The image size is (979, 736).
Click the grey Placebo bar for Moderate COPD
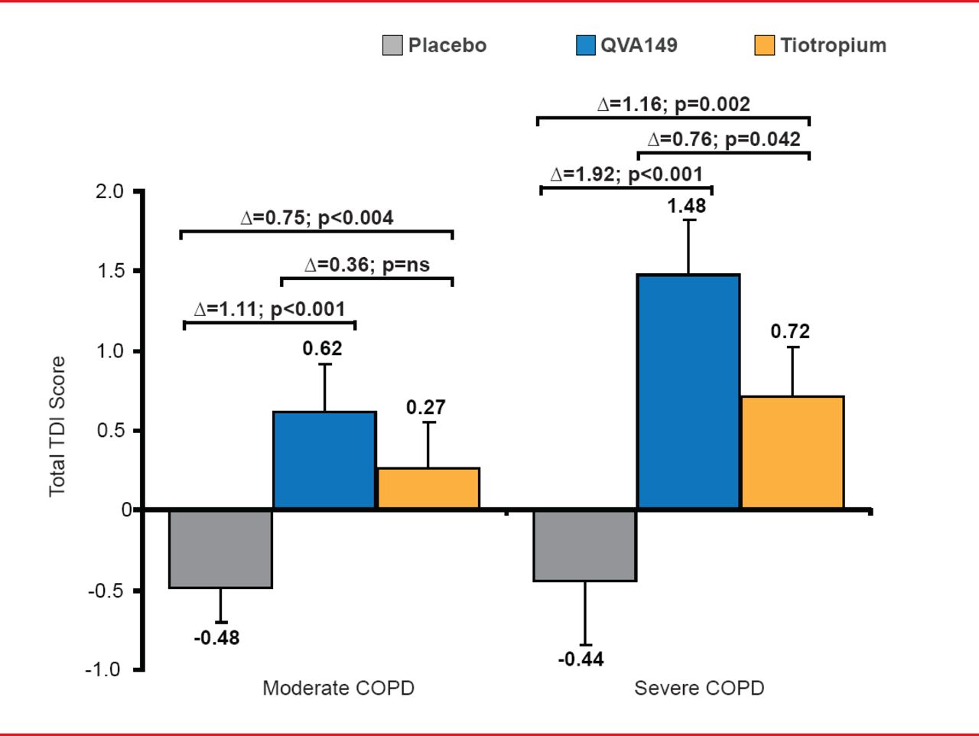[220, 549]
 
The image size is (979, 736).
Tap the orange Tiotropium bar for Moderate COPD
[428, 488]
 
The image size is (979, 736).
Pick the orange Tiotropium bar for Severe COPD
[792, 452]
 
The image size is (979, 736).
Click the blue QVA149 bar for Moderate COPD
[324, 460]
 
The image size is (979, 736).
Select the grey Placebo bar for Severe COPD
[585, 545]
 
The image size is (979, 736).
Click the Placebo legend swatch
[392, 45]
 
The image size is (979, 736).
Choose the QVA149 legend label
[639, 45]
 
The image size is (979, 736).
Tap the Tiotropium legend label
[833, 45]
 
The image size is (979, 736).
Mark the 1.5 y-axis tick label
[109, 271]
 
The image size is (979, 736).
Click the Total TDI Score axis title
[57, 426]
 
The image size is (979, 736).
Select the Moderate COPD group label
[338, 688]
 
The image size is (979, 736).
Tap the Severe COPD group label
[699, 688]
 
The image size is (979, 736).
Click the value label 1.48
[687, 206]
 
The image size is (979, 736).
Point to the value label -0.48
[216, 637]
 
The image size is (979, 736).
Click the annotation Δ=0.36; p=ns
[367, 265]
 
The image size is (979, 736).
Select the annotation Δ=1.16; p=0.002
[673, 104]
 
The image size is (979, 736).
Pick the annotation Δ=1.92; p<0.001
[626, 174]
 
